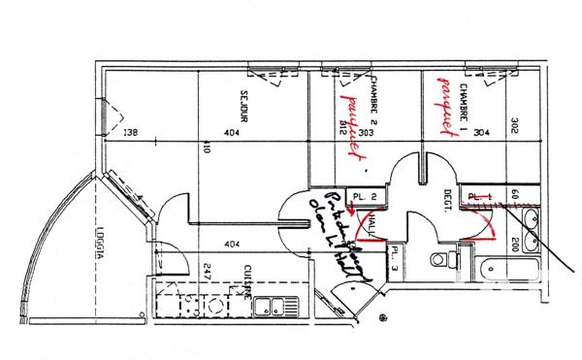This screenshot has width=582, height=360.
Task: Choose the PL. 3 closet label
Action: point(395,258)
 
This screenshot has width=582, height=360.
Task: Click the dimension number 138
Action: point(134,133)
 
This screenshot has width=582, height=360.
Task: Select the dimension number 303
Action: point(366,133)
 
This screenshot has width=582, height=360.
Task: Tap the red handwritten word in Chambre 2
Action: point(351,124)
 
